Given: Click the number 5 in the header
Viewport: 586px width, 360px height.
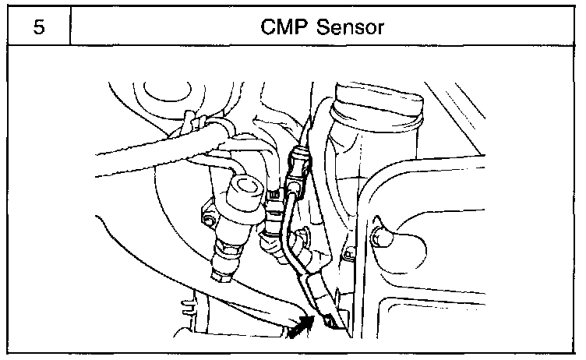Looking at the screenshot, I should [37, 27].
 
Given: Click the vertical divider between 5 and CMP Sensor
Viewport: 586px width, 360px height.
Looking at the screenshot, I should [70, 27].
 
